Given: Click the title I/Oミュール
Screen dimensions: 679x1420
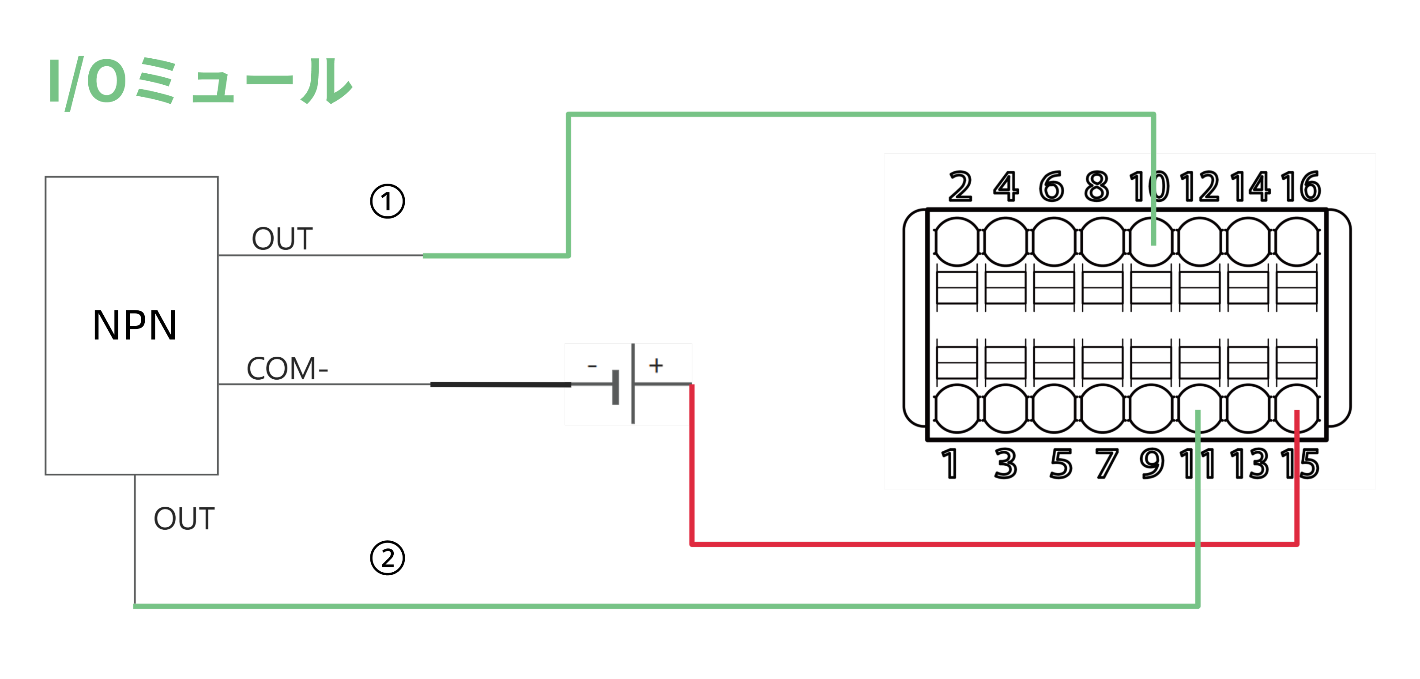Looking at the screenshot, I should [x=200, y=82].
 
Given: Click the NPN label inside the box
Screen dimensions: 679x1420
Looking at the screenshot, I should [x=135, y=325].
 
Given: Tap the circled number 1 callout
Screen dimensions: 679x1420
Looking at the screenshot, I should [x=387, y=201].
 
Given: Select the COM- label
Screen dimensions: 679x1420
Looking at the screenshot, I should [x=286, y=368].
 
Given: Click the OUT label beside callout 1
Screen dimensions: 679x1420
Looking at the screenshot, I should [x=282, y=239].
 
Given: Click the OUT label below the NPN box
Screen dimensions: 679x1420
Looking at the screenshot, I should [x=184, y=519].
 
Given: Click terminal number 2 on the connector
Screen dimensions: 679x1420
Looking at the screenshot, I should [x=960, y=187].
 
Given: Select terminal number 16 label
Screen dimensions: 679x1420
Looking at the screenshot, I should [x=1300, y=187].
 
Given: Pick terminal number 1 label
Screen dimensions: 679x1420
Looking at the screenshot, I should [x=949, y=464].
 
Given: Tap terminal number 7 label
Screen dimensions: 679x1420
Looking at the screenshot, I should [x=1106, y=464].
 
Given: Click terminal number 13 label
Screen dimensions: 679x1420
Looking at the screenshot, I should [x=1249, y=464].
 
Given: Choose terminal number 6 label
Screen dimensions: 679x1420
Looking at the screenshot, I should [x=1051, y=187].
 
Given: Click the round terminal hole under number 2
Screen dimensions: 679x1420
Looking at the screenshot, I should [x=957, y=241].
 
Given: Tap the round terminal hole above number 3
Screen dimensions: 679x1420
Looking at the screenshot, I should [x=1006, y=408].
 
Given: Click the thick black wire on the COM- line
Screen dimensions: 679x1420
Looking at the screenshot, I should [x=500, y=385].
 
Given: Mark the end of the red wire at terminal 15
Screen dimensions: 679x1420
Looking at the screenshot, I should [x=1297, y=412].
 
